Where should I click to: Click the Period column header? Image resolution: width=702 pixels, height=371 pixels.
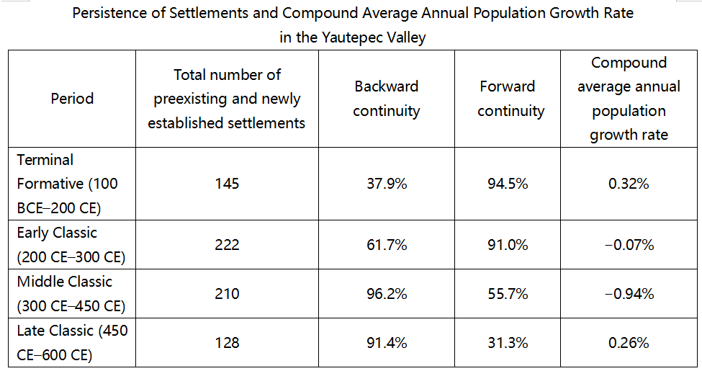click(72, 99)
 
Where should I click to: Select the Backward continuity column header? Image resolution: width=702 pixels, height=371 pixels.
click(387, 99)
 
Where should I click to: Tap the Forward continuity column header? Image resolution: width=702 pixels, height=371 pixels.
click(508, 99)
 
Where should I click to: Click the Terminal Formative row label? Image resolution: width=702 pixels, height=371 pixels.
click(67, 184)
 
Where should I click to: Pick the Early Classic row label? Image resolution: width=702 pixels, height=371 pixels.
click(71, 245)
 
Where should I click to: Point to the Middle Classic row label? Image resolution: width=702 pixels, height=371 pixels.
click(71, 293)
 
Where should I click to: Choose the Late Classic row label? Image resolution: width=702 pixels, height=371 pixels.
click(72, 343)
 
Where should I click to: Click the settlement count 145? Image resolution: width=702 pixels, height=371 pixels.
click(227, 184)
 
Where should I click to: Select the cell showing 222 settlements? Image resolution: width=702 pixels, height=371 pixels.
click(227, 245)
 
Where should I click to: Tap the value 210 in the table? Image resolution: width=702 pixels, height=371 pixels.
click(227, 294)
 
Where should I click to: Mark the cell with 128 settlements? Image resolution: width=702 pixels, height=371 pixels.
click(227, 343)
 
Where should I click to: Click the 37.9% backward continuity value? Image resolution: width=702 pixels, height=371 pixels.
click(387, 184)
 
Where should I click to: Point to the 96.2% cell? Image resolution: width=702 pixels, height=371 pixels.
click(387, 294)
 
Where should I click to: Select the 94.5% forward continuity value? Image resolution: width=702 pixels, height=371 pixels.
click(508, 184)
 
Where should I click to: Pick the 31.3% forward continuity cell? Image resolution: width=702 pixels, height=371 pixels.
click(508, 343)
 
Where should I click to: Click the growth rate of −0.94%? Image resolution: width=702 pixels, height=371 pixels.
click(629, 294)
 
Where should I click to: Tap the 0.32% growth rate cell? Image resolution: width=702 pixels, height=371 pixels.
click(629, 184)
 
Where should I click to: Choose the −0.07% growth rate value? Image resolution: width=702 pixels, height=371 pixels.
click(629, 245)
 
